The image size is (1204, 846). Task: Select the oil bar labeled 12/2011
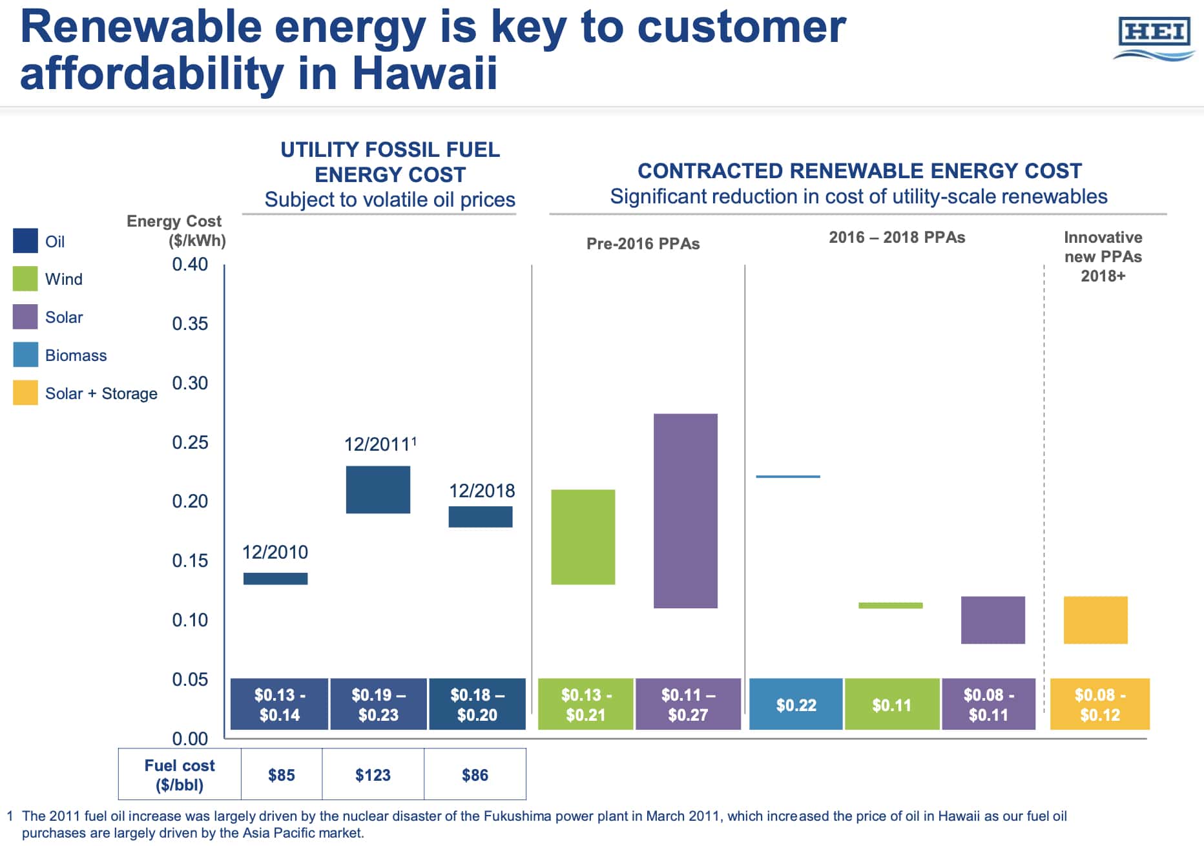(378, 490)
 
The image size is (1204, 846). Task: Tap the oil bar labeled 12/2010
(275, 579)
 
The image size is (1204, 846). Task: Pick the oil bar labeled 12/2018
(480, 517)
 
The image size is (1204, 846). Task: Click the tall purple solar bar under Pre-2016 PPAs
(685, 510)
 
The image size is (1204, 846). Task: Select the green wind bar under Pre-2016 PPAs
(583, 537)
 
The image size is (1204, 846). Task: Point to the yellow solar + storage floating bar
(1095, 620)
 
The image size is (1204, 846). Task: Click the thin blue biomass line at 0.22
(788, 477)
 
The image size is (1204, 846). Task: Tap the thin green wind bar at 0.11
(890, 605)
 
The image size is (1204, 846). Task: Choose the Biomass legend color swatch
(25, 355)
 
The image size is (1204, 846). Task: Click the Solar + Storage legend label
(101, 393)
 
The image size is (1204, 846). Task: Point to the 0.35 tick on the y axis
(190, 324)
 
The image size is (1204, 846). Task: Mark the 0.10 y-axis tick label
(190, 620)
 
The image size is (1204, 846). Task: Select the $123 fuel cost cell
(373, 774)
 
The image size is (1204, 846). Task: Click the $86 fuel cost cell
(475, 774)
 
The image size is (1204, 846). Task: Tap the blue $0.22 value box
(796, 705)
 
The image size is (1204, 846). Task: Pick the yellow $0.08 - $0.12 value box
(1099, 705)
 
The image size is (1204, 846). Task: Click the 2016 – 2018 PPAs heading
(897, 238)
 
